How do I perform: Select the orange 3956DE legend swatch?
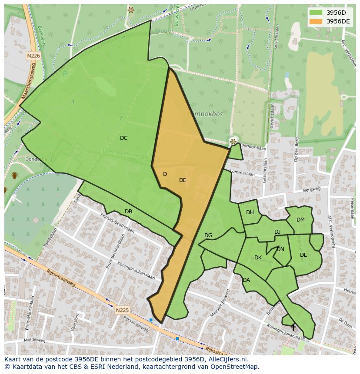tap(316, 21)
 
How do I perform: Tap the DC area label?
tap(124, 138)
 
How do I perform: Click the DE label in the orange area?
tap(183, 180)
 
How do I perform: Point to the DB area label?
tap(128, 212)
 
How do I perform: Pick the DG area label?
tap(208, 235)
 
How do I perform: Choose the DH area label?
tap(250, 212)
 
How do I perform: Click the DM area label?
tap(300, 220)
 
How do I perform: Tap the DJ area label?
tap(277, 232)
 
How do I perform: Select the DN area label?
tap(280, 249)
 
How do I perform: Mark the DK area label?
tap(258, 258)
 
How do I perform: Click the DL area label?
tap(303, 255)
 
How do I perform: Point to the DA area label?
tap(246, 280)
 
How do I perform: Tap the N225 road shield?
tap(122, 310)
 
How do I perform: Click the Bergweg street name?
tap(312, 189)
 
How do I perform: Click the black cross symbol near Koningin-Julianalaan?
tap(293, 327)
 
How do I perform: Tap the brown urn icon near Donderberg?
tap(15, 175)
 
